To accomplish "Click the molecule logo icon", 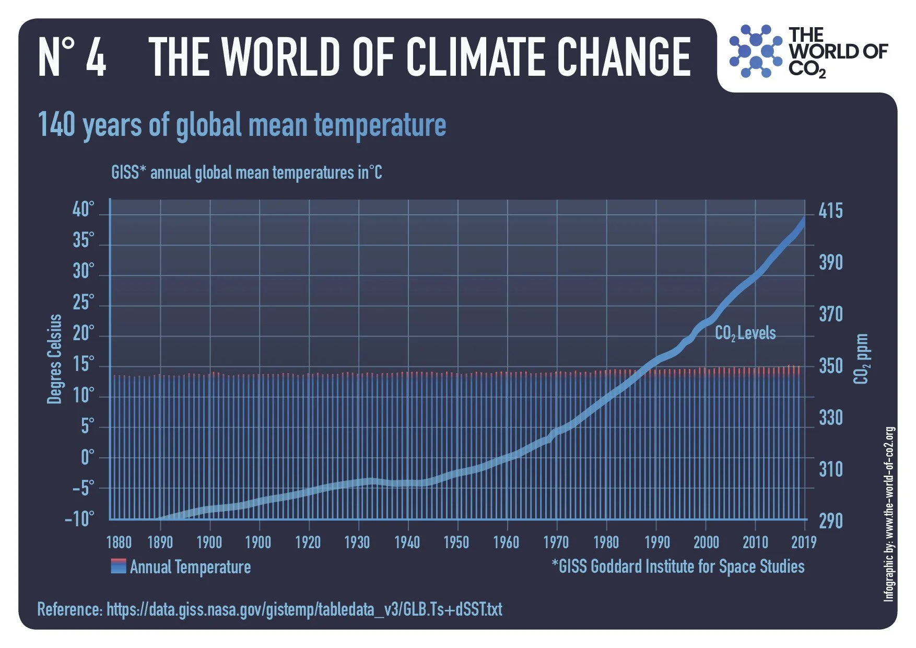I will [x=755, y=51].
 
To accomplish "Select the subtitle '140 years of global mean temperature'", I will [x=242, y=125].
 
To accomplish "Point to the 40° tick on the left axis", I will [x=84, y=210].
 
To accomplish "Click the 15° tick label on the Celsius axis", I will [x=84, y=364].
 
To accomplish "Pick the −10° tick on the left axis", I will [x=80, y=519].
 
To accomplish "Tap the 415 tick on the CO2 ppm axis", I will [x=830, y=211].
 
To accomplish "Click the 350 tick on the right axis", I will [x=830, y=366].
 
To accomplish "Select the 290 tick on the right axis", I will [x=830, y=520].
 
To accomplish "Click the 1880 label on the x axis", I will [x=119, y=542].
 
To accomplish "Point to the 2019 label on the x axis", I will [x=803, y=542].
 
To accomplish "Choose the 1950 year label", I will [x=456, y=542].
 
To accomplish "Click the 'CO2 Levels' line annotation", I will [x=745, y=333].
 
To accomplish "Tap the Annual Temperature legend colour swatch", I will [x=119, y=566].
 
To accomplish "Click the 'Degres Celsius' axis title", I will [x=54, y=359].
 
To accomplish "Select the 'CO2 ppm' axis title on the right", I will [x=862, y=359].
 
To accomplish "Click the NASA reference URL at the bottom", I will [x=304, y=609].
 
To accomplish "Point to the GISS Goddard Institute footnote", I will [x=678, y=566].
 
